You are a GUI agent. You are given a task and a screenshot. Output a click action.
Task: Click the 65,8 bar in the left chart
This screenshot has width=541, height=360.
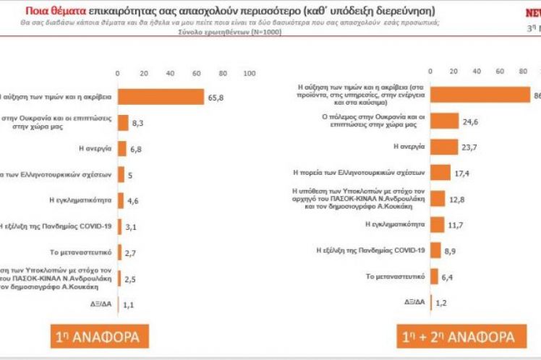pos(161,96)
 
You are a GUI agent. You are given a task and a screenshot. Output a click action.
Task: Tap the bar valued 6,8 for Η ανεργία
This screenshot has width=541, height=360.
pos(125,149)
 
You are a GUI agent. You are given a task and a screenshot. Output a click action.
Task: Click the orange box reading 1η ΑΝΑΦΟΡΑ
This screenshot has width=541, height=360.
pos(99,337)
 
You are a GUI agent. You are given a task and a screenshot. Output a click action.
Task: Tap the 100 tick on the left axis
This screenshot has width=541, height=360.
pos(250,74)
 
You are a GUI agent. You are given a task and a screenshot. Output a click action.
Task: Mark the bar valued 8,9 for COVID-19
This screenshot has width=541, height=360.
pos(435,249)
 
